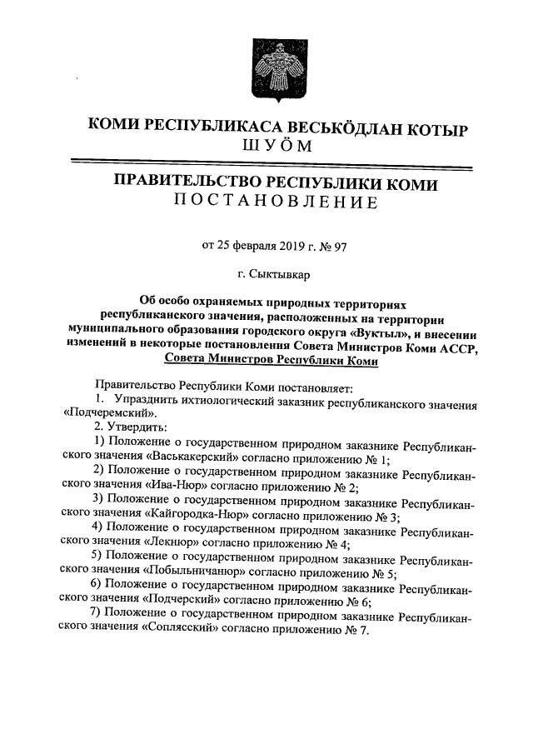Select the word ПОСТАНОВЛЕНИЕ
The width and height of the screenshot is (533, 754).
click(275, 202)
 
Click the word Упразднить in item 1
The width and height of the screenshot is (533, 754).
click(146, 400)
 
